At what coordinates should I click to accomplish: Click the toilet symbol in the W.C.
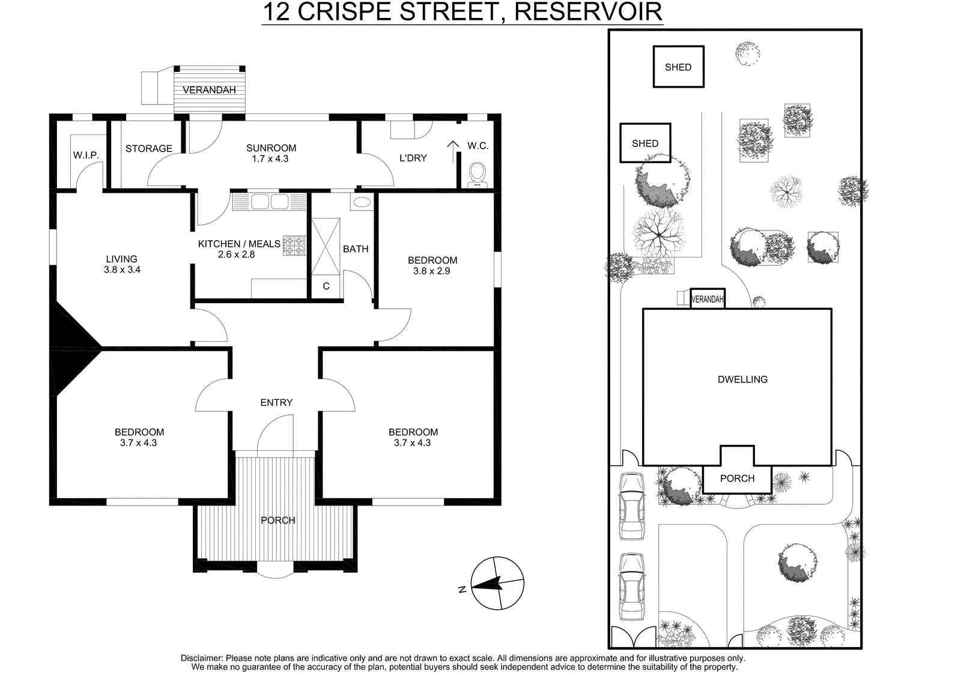(x=477, y=175)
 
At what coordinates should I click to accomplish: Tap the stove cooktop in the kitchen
(x=294, y=246)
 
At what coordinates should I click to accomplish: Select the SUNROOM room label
(x=271, y=148)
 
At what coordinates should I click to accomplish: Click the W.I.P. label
(x=86, y=155)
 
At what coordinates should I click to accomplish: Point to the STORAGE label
(x=148, y=148)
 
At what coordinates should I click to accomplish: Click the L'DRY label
(x=413, y=158)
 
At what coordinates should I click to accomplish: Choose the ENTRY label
(x=276, y=402)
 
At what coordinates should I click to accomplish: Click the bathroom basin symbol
(x=362, y=202)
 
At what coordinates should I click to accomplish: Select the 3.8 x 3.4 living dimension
(x=123, y=270)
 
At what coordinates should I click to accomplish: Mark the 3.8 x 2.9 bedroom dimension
(x=432, y=271)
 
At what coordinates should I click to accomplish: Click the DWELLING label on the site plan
(x=742, y=379)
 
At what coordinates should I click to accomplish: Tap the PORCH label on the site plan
(x=737, y=478)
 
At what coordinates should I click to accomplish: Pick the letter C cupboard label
(x=326, y=286)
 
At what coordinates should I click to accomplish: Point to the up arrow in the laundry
(x=453, y=152)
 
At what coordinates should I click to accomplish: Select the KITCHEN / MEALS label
(x=239, y=244)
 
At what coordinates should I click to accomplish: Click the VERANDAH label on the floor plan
(x=209, y=90)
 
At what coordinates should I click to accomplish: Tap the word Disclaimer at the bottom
(x=202, y=658)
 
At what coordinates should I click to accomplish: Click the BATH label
(x=356, y=249)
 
